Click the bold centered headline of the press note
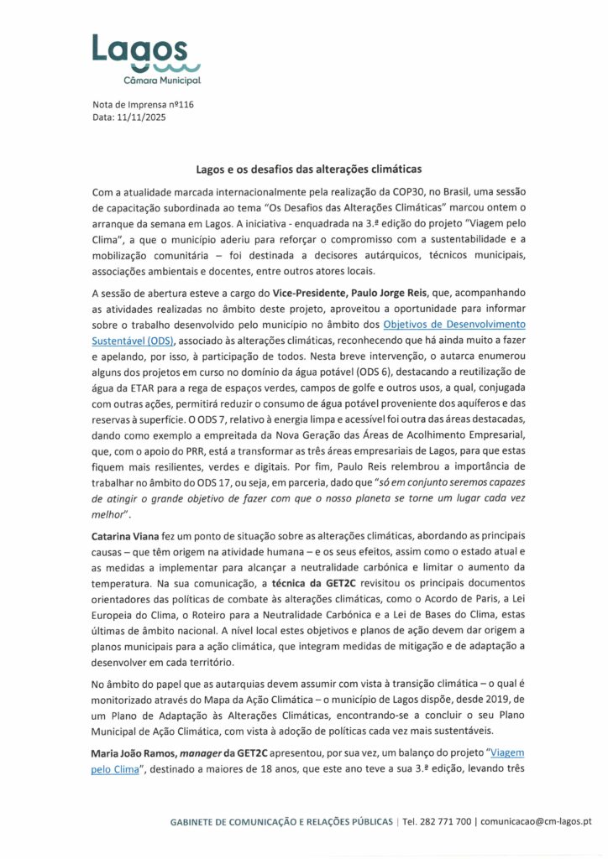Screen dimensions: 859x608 point(303,168)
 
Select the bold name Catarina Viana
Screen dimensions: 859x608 point(131,534)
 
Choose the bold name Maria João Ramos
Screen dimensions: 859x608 point(134,752)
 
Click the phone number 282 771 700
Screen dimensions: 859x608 point(447,820)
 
